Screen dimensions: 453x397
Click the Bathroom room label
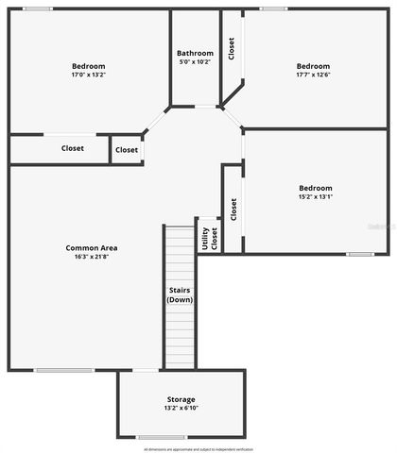[x=196, y=53]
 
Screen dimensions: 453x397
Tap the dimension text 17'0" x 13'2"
[x=82, y=75]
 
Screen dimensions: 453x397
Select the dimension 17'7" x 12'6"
[x=313, y=75]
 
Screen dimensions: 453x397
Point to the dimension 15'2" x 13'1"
[x=316, y=196]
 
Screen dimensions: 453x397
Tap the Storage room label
[x=181, y=399]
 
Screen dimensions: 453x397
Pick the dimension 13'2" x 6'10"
[x=181, y=409]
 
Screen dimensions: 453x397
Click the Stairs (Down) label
[x=180, y=294]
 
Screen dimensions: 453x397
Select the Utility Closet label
[x=208, y=239]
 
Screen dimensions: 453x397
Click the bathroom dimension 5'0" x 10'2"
[x=196, y=62]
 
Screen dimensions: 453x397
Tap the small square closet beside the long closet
[x=127, y=149]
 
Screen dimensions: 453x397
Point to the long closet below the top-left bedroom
[x=73, y=148]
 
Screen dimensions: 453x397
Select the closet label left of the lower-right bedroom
[x=233, y=210]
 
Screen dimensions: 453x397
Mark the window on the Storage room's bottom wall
[x=162, y=437]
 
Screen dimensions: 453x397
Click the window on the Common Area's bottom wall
[x=64, y=370]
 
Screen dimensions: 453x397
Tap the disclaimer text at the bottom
[x=198, y=448]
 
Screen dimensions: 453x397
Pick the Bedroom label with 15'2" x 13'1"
[x=316, y=187]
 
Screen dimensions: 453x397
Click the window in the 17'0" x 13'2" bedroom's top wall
[x=38, y=8]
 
